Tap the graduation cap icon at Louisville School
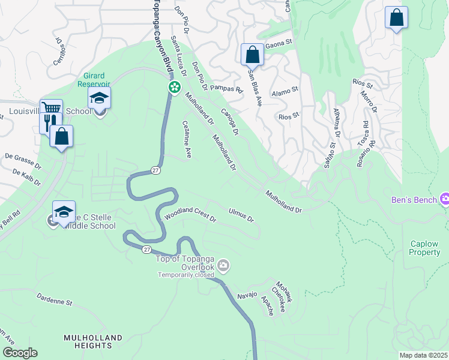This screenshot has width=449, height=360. tap(100, 98)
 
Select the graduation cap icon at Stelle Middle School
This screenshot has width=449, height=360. tap(64, 212)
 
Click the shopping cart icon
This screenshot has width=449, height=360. tap(52, 109)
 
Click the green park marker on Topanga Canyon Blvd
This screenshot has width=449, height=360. tap(174, 88)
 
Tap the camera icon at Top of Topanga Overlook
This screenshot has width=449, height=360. tap(223, 265)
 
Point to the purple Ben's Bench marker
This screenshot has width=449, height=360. tap(445, 199)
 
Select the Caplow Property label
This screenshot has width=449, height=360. tap(425, 248)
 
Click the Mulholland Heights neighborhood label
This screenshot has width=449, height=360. tap(88, 342)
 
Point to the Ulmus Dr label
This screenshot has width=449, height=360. tap(242, 214)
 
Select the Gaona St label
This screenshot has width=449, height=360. tap(279, 43)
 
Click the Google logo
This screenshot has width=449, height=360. tap(20, 353)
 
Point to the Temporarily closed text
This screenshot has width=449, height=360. tap(187, 275)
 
